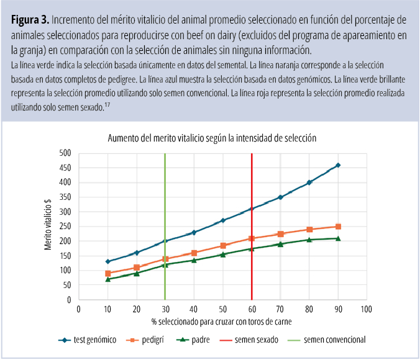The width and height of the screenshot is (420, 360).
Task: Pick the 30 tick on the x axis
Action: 165,308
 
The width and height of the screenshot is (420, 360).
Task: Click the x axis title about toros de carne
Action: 222,322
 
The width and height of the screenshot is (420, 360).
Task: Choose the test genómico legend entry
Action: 92,340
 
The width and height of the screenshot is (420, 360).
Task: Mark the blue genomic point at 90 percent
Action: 338,165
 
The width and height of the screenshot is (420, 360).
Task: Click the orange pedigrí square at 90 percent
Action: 338,227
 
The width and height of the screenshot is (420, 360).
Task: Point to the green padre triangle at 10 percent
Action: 107,279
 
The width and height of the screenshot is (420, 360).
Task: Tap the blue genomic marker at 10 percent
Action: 107,261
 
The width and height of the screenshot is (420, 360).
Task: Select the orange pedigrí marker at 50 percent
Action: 222,245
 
